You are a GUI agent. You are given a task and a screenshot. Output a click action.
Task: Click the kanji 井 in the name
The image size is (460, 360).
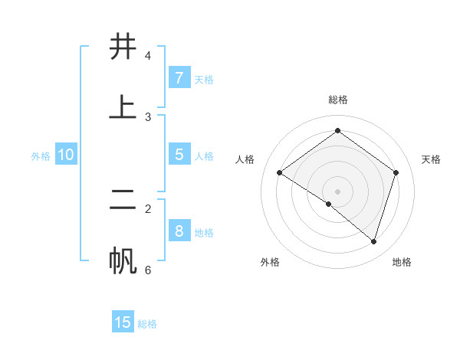pos(123,47)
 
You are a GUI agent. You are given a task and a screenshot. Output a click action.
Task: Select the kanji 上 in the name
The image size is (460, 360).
pos(123,107)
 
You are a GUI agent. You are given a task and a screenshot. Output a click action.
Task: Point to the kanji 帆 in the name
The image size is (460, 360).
pos(123,260)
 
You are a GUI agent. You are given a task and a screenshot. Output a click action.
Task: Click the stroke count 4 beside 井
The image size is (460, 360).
pos(148,56)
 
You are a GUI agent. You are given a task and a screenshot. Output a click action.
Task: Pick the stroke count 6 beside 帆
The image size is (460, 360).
pos(148,270)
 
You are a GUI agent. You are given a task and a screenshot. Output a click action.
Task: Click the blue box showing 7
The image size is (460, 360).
pos(179,77)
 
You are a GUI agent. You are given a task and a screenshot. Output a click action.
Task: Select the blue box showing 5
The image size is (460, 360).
pos(179,154)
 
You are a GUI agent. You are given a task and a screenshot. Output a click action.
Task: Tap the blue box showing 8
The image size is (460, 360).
pos(179,231)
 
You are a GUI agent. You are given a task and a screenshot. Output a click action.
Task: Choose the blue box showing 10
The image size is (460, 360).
pos(66,155)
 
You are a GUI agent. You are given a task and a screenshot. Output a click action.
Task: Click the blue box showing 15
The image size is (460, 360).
pos(123,322)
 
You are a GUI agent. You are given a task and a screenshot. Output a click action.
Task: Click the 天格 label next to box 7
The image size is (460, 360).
pos(204,79)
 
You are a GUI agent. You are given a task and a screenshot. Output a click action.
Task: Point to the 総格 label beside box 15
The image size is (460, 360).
pos(147,324)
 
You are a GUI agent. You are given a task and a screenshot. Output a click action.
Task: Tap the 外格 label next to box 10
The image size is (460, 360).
pos(41,156)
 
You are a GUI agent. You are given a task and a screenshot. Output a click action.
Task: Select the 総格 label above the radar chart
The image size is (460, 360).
pos(338,100)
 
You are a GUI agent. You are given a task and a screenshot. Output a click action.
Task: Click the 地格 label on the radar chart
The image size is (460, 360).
pos(402,262)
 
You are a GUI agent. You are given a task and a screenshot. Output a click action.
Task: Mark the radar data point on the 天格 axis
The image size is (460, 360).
pos(396,172)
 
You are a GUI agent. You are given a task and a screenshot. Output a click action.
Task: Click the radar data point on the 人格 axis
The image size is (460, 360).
pos(280,173)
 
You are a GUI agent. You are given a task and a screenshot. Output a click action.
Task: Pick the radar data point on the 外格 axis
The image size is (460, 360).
pos(329,204)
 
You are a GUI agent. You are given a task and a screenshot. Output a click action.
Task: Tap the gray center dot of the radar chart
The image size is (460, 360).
pos(338,191)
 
